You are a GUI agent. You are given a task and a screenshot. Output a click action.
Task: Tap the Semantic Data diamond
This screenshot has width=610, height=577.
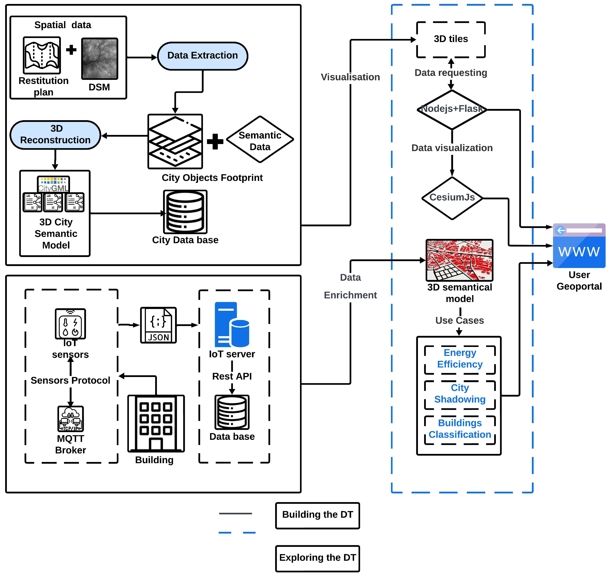[x=260, y=140]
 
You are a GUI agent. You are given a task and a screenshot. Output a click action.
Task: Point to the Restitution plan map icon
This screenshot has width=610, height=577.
[x=42, y=55]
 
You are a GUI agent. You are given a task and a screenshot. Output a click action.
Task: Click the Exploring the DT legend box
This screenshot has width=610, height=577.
[x=317, y=558]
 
